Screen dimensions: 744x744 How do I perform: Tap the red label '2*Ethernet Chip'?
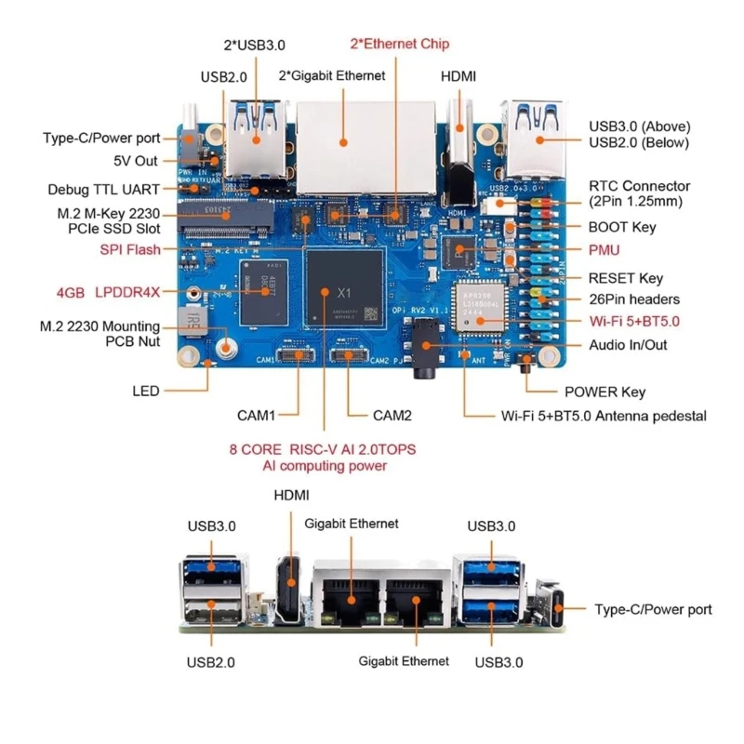click(x=399, y=43)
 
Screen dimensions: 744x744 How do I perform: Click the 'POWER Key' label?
click(x=604, y=392)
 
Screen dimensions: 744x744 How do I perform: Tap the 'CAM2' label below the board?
click(x=392, y=415)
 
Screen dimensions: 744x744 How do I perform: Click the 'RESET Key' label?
click(x=625, y=277)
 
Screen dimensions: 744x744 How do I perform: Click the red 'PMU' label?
click(x=604, y=249)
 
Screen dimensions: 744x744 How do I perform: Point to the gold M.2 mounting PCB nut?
click(x=225, y=350)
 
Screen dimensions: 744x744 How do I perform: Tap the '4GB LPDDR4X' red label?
click(x=108, y=292)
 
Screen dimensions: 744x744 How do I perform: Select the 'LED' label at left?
click(x=145, y=391)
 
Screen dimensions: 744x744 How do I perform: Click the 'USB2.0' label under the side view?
click(x=210, y=662)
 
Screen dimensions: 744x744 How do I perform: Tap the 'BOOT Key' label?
click(x=622, y=227)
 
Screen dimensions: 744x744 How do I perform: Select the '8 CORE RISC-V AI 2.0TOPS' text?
click(x=323, y=449)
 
